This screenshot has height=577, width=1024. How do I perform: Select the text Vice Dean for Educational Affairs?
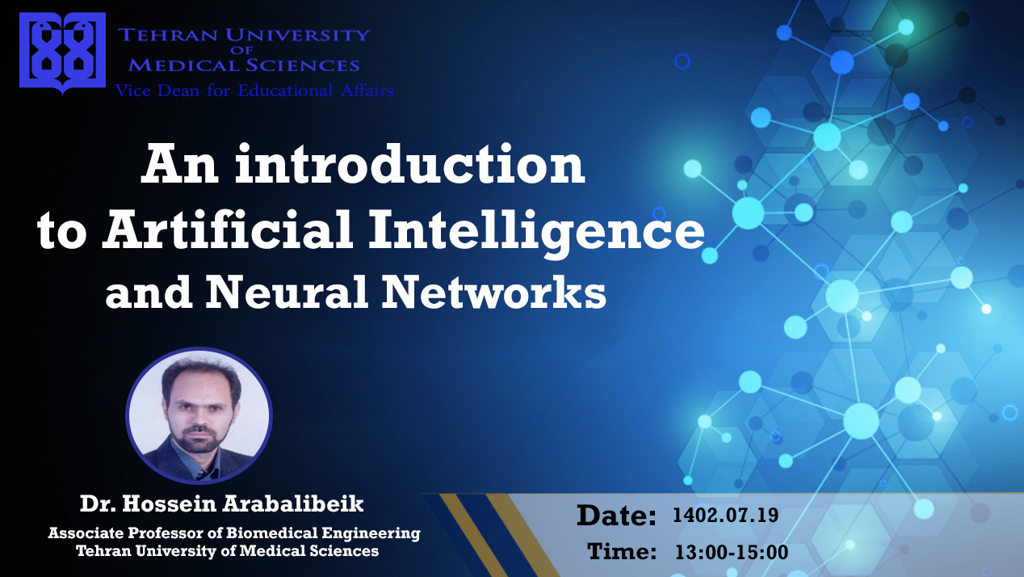point(254,91)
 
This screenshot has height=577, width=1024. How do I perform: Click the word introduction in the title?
point(409,164)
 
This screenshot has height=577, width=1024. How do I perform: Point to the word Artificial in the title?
point(228,229)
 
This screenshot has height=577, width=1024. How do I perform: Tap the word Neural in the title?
point(287,292)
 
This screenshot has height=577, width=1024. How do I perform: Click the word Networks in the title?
point(493,292)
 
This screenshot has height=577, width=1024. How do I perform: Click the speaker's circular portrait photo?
point(199,415)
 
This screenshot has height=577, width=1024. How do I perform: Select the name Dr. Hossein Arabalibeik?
point(222,503)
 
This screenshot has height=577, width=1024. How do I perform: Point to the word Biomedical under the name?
point(272,533)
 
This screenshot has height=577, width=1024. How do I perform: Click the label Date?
point(616,516)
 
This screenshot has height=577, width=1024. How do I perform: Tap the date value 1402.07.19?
point(725,516)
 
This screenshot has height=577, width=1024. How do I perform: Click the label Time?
point(622,551)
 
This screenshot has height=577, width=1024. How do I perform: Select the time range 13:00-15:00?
point(732,552)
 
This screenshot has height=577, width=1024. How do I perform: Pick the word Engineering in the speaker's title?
point(371,534)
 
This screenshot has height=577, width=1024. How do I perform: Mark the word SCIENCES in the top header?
point(302,65)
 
